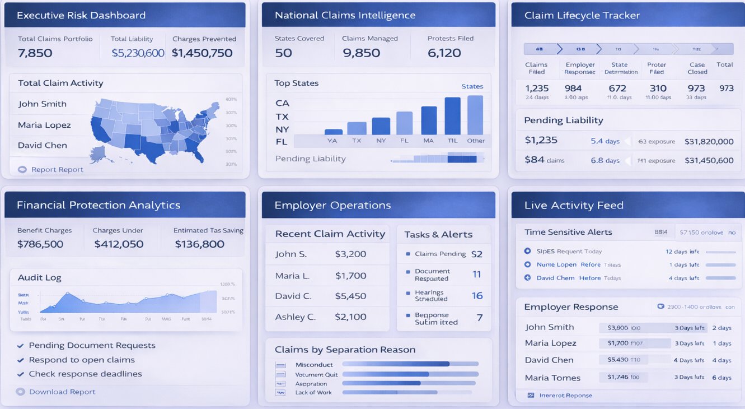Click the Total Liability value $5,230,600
[x=138, y=53]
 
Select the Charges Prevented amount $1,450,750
[x=202, y=53]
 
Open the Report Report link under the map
[x=57, y=170]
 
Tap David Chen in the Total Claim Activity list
[x=43, y=145]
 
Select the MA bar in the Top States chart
[x=429, y=120]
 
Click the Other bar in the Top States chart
[x=475, y=115]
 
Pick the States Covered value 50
[x=283, y=53]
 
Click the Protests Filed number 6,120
[x=444, y=53]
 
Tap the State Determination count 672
[x=617, y=89]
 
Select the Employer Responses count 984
[x=573, y=89]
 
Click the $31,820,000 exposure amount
[x=709, y=142]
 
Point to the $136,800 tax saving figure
[x=199, y=244]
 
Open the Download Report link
[x=62, y=392]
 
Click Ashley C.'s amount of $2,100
[x=350, y=317]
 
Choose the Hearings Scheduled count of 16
[x=477, y=296]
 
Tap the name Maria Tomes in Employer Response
[x=552, y=378]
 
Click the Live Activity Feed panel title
[x=574, y=206]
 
